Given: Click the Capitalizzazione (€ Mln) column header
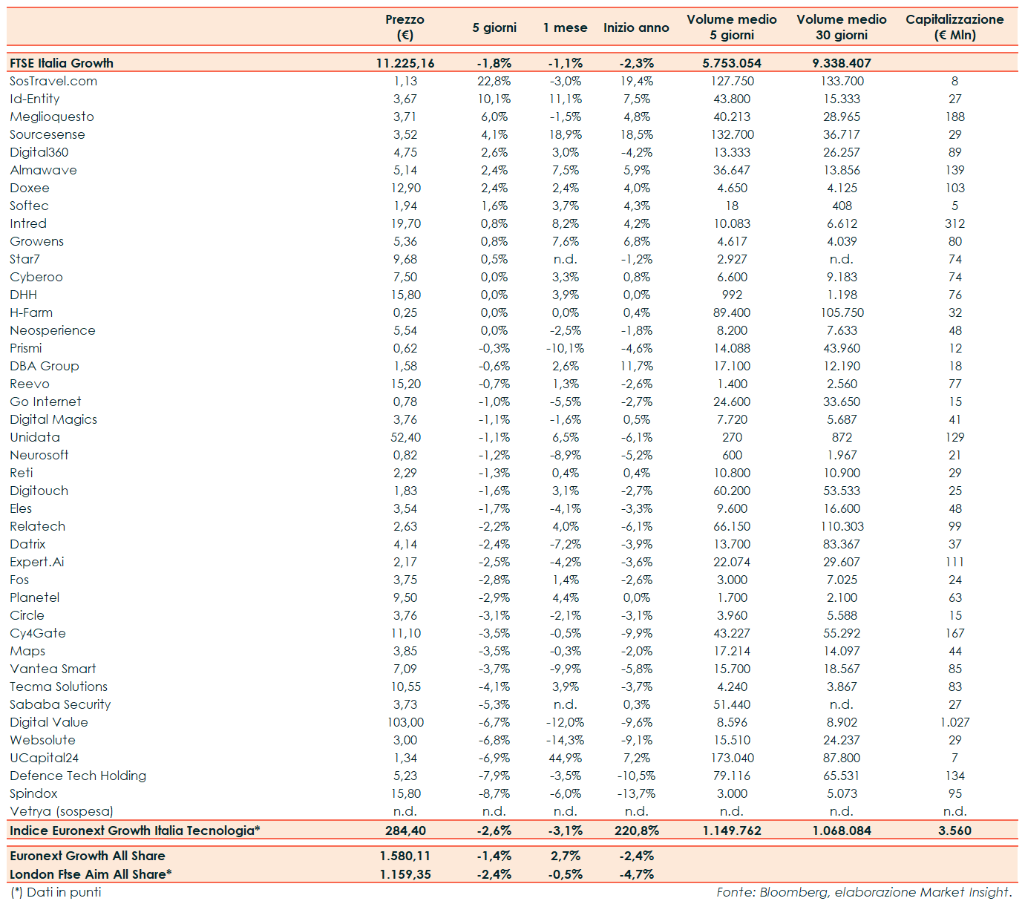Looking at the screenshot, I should (954, 27).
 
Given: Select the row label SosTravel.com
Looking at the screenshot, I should (53, 81).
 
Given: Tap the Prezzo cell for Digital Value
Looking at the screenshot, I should (405, 722).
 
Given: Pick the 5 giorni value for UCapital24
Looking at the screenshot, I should (494, 758).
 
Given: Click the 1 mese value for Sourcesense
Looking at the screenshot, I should (565, 134).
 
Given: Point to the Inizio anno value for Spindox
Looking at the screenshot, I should (636, 793).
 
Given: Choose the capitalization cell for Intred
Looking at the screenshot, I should (954, 223).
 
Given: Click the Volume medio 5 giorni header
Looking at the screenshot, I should (732, 27).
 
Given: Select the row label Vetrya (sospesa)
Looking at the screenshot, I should (62, 811).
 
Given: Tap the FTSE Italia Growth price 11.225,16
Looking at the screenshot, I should (405, 63).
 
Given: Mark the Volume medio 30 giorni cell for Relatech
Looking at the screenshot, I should (842, 526).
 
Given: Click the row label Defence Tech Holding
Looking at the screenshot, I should (78, 776).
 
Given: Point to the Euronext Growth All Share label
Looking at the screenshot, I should (88, 856).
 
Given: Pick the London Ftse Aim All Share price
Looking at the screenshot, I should (405, 874).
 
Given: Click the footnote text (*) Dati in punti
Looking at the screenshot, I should (56, 892).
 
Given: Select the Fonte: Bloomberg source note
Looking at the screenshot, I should (864, 892).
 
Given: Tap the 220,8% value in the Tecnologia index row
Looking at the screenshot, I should (636, 830).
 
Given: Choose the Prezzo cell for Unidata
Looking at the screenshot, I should (405, 437).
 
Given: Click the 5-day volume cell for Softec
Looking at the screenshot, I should (732, 206).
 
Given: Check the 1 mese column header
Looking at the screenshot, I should (565, 27).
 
